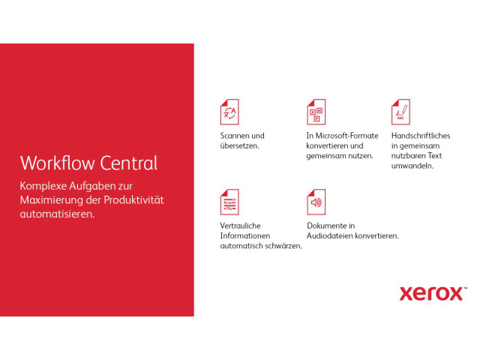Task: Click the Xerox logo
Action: (433, 294)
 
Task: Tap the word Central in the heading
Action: (129, 163)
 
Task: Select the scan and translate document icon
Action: (229, 112)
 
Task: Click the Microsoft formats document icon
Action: (316, 112)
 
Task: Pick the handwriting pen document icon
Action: (400, 112)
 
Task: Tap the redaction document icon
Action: (229, 202)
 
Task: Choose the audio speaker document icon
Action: (316, 202)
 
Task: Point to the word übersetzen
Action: (239, 145)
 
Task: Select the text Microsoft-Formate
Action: (346, 136)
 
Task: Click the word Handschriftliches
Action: (421, 136)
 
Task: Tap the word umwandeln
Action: (412, 166)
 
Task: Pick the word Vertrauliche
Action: (240, 226)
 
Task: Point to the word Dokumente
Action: (327, 226)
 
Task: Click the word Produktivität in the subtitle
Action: (133, 200)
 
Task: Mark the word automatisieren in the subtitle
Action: (57, 214)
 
